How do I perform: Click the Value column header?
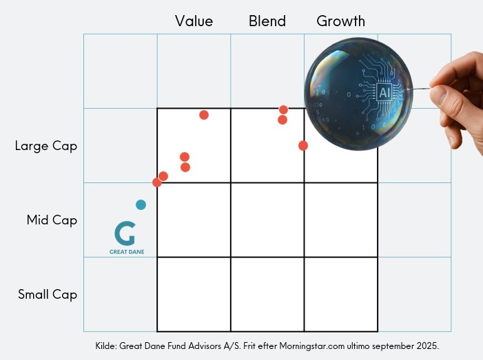coord(194,21)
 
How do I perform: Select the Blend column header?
coord(267,21)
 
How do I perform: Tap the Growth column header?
coord(340,21)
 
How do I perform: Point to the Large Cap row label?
coord(46,146)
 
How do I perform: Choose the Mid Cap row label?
coord(52,220)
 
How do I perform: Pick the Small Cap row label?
coord(48,295)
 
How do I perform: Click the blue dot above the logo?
coord(141,204)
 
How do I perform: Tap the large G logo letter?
coord(125,233)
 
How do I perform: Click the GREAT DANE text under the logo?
coord(127,252)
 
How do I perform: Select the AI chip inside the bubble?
coord(384,92)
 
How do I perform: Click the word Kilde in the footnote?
coord(107,345)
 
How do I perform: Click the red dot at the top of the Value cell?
coord(204,115)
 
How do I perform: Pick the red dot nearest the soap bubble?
coord(303,145)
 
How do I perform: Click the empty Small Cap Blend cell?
coord(267,294)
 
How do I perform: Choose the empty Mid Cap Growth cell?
coord(340,220)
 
